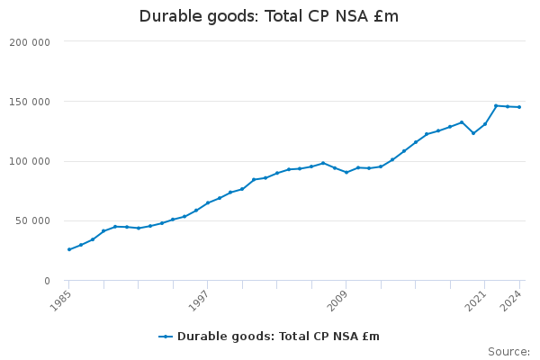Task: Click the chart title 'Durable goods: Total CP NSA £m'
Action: click(x=269, y=16)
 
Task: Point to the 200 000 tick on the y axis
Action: click(x=32, y=42)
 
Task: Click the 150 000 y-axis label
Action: click(x=32, y=102)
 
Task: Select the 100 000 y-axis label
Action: click(x=32, y=162)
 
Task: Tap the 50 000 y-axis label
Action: click(x=35, y=221)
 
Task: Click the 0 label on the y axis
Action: click(x=46, y=281)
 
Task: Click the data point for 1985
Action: click(x=69, y=249)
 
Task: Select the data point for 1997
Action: click(x=208, y=202)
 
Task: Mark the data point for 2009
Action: click(x=346, y=172)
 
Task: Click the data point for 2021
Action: click(x=485, y=124)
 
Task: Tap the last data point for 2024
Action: click(x=519, y=107)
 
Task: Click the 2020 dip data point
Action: click(x=473, y=133)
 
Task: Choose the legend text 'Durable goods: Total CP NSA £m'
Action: click(x=278, y=337)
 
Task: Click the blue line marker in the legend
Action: click(x=166, y=337)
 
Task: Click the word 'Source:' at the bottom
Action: click(x=508, y=351)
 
